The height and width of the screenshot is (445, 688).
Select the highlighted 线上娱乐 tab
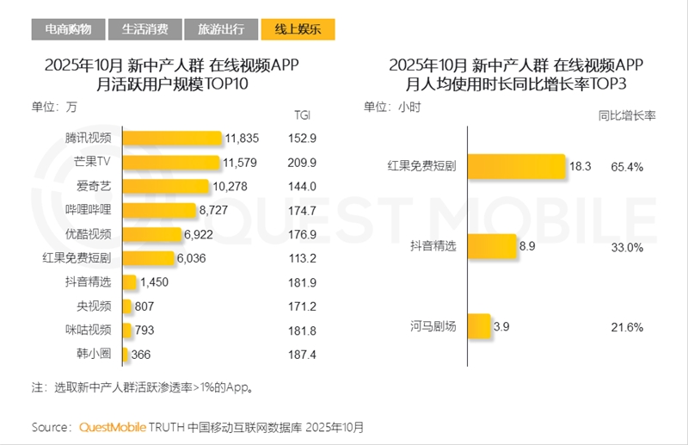tap(297, 29)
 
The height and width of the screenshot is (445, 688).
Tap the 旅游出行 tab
tap(220, 29)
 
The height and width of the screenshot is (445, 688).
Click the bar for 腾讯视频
tap(172, 138)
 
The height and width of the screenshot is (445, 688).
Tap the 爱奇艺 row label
tap(95, 186)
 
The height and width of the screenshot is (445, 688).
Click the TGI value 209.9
tap(302, 162)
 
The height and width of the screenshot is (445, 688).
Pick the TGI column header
tap(302, 114)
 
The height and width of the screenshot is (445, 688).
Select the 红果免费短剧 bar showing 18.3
tap(516, 167)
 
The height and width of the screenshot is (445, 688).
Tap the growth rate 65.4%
tap(627, 167)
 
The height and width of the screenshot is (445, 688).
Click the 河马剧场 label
tap(433, 326)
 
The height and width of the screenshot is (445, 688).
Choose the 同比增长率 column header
tap(627, 114)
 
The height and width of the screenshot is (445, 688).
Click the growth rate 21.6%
tap(627, 326)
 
